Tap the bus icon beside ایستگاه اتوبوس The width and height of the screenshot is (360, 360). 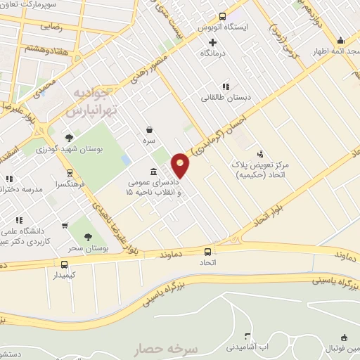(x=222, y=16)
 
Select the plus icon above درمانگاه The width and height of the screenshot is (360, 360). (x=212, y=42)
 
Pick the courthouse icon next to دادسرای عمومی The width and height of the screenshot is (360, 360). (x=153, y=172)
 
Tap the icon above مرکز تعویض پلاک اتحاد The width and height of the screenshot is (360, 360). (x=260, y=153)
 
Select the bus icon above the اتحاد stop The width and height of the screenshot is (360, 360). (x=207, y=252)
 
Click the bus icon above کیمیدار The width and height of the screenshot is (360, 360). (x=65, y=264)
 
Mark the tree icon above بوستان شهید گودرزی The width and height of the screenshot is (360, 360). (x=69, y=138)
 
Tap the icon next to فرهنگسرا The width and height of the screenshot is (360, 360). (x=70, y=173)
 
